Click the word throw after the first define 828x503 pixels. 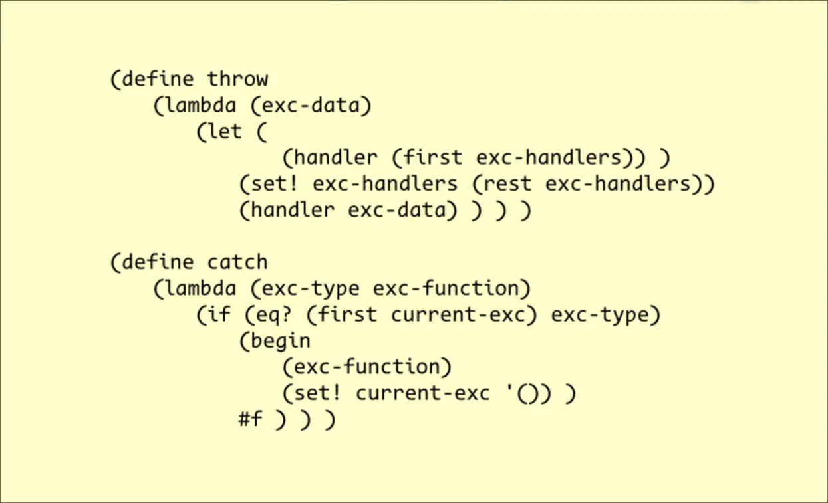[x=237, y=79]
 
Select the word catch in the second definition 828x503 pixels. [x=237, y=262]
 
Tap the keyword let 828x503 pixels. [x=225, y=132]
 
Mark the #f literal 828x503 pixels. [x=251, y=420]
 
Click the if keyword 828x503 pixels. [x=219, y=315]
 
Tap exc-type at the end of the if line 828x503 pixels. [x=601, y=315]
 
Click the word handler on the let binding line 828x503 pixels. [x=335, y=158]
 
